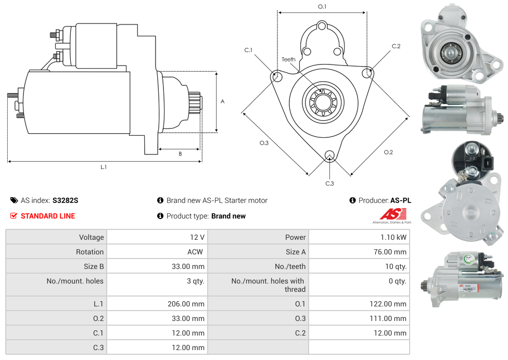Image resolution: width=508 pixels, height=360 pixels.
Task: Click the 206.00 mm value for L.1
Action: tap(189, 304)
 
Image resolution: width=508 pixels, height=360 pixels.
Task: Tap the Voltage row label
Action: tap(91, 237)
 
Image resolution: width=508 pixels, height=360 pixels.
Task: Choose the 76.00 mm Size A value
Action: tap(391, 252)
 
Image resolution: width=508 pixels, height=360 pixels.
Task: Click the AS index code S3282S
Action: tap(66, 200)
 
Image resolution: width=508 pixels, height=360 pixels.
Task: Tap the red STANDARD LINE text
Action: tap(48, 216)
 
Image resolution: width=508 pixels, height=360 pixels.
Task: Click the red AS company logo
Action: tap(393, 214)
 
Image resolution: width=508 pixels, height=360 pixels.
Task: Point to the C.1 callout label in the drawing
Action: tap(248, 50)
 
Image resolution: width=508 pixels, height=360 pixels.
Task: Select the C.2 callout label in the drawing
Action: tap(396, 46)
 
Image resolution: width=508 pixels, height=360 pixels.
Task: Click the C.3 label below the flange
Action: tap(329, 183)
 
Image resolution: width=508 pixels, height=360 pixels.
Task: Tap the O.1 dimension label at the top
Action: tap(322, 7)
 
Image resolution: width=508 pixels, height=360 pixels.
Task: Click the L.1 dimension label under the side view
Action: tap(104, 167)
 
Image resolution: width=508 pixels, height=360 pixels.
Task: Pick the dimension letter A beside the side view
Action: tap(223, 101)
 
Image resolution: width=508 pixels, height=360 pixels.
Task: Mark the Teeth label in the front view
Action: tap(288, 59)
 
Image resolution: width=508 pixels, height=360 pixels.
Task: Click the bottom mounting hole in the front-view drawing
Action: tap(329, 155)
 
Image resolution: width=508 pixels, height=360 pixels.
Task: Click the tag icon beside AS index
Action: tap(14, 200)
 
